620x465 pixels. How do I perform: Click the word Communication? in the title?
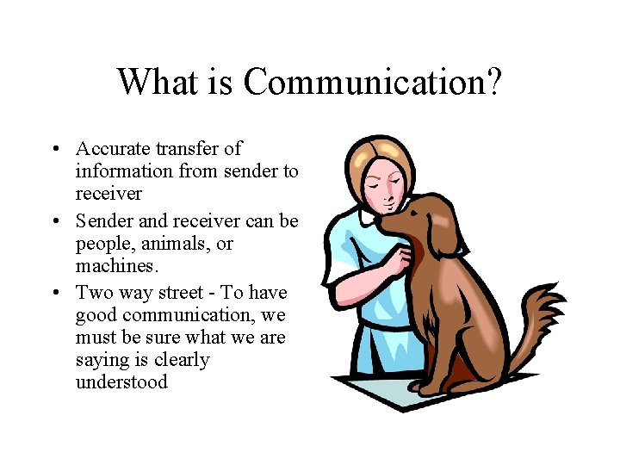[x=373, y=82]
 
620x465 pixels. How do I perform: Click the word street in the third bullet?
[x=184, y=292]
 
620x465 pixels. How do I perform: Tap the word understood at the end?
[x=121, y=381]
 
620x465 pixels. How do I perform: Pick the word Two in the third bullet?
[x=92, y=292]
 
